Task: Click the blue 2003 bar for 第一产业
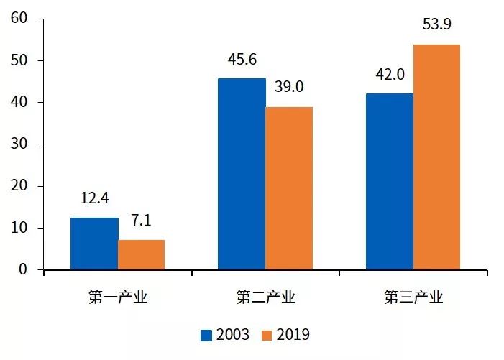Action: (94, 244)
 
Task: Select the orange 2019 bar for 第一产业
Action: (142, 255)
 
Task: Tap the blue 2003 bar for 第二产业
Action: (242, 174)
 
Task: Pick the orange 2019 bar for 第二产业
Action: (289, 188)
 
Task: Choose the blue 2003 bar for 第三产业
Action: (390, 182)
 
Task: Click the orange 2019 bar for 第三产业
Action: (436, 157)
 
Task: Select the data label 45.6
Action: (242, 60)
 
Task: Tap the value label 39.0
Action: (289, 87)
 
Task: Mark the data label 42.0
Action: (390, 74)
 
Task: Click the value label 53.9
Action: (436, 26)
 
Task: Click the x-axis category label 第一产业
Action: (118, 297)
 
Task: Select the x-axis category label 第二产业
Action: (265, 297)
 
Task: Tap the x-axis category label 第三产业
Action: (413, 297)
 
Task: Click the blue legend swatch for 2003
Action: (206, 335)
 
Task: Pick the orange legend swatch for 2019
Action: (267, 335)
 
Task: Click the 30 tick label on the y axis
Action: (19, 144)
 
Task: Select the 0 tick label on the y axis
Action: (23, 270)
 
